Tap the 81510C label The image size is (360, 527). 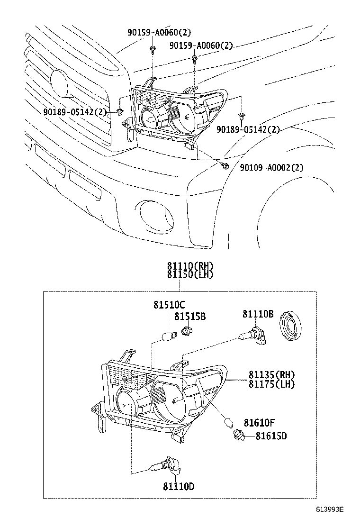169,305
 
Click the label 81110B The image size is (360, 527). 258,313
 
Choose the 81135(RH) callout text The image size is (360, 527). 271,375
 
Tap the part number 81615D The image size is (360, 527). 271,436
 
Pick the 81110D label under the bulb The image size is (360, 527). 179,487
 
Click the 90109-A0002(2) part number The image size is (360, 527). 271,167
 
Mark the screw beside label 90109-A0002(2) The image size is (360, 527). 226,166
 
